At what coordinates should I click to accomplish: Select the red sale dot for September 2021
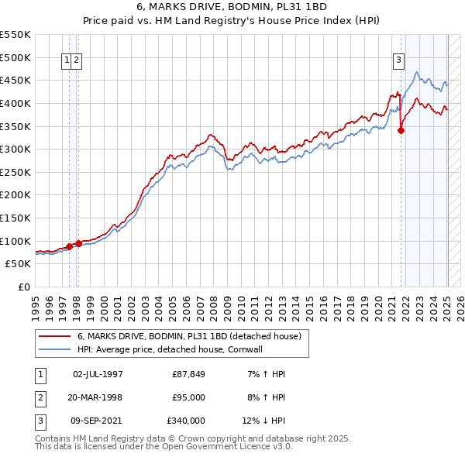click(x=401, y=131)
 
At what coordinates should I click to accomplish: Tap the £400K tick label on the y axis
click(x=16, y=103)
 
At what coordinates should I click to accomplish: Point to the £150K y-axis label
click(x=16, y=218)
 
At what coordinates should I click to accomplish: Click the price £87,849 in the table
click(x=188, y=375)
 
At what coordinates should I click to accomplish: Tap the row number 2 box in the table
click(x=40, y=397)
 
